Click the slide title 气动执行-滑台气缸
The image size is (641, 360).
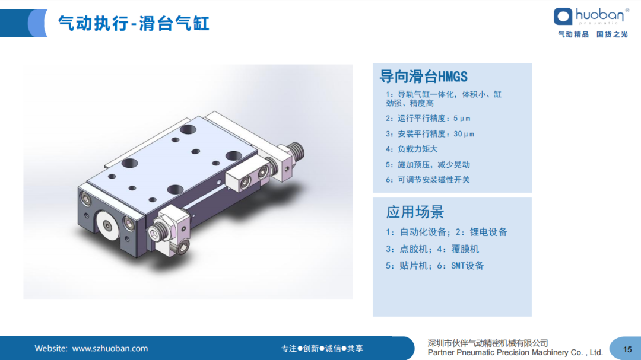coord(134,23)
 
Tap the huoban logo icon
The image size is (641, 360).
coord(563,17)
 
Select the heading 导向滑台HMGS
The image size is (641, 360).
coord(424,77)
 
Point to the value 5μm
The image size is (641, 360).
coord(462,119)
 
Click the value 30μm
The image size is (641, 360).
coord(464,134)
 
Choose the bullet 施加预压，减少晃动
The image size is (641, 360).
coord(428,165)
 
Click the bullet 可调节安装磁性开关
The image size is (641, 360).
coord(428,180)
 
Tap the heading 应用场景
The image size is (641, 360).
coord(415,212)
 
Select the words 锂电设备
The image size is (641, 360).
coord(488,232)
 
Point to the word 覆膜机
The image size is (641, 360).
coord(465,249)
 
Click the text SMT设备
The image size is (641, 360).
coord(467,266)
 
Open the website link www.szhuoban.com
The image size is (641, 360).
coord(110,349)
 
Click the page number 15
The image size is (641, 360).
coord(627,349)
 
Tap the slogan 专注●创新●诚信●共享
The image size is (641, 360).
coord(322,349)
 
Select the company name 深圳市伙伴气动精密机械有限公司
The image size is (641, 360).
coord(488,343)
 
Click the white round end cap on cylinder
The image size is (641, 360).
coord(107,225)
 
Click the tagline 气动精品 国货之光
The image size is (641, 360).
coord(593,34)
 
